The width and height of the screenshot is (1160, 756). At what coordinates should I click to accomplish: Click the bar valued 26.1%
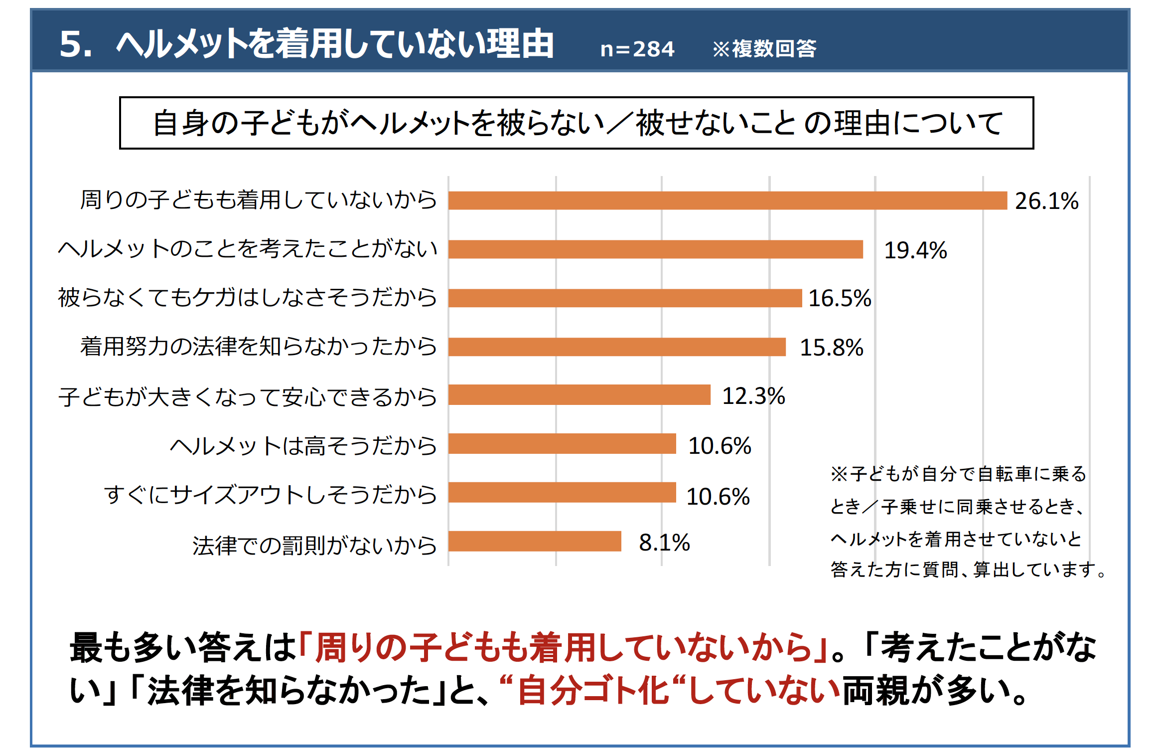[x=727, y=200]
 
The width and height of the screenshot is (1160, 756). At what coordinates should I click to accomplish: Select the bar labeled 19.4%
[x=655, y=249]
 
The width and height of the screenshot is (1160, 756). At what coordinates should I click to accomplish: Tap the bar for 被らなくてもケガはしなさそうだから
[x=625, y=298]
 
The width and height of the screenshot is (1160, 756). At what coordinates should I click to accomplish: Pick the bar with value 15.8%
[x=617, y=347]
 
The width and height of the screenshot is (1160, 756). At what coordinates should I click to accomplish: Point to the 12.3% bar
[x=579, y=395]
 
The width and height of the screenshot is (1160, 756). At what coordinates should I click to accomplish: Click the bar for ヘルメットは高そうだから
[x=562, y=444]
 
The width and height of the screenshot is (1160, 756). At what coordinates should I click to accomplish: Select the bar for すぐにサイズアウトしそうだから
[x=562, y=493]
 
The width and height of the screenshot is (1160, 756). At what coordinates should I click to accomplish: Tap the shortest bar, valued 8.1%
[x=535, y=542]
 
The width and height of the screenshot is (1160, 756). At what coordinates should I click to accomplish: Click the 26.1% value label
[x=1046, y=201]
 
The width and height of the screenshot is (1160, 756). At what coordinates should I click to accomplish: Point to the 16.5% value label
[x=840, y=298]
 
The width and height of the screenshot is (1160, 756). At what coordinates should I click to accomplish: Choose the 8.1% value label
[x=664, y=543]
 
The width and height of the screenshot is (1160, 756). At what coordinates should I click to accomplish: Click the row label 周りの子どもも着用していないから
[x=259, y=200]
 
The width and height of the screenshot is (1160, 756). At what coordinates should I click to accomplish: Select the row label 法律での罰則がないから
[x=314, y=545]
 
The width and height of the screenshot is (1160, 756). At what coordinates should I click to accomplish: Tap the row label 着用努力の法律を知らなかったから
[x=259, y=347]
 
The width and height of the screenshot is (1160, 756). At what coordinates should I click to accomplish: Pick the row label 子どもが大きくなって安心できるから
[x=248, y=397]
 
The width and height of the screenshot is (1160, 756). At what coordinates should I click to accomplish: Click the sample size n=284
[x=637, y=49]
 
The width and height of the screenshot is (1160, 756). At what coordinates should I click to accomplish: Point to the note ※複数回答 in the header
[x=764, y=49]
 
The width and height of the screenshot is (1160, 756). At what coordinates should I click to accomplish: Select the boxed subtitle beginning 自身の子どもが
[x=577, y=123]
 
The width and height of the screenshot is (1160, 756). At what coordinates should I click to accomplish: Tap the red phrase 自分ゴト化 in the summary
[x=592, y=691]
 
